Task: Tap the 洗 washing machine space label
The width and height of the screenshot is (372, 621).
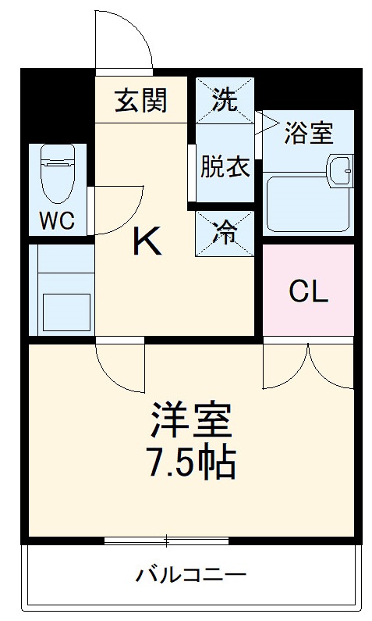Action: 225,99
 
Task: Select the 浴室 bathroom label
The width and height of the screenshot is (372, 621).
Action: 309,133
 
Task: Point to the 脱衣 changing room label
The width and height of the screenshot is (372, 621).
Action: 225,168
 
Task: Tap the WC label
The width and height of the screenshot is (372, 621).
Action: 57,221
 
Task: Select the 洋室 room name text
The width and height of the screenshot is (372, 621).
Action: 191,423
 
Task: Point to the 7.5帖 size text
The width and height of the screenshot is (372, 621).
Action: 191,463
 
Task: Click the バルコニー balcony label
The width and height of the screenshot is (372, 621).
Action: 191,576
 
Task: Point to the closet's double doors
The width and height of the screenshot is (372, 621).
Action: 309,363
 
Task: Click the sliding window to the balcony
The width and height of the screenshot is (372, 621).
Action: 166,540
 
